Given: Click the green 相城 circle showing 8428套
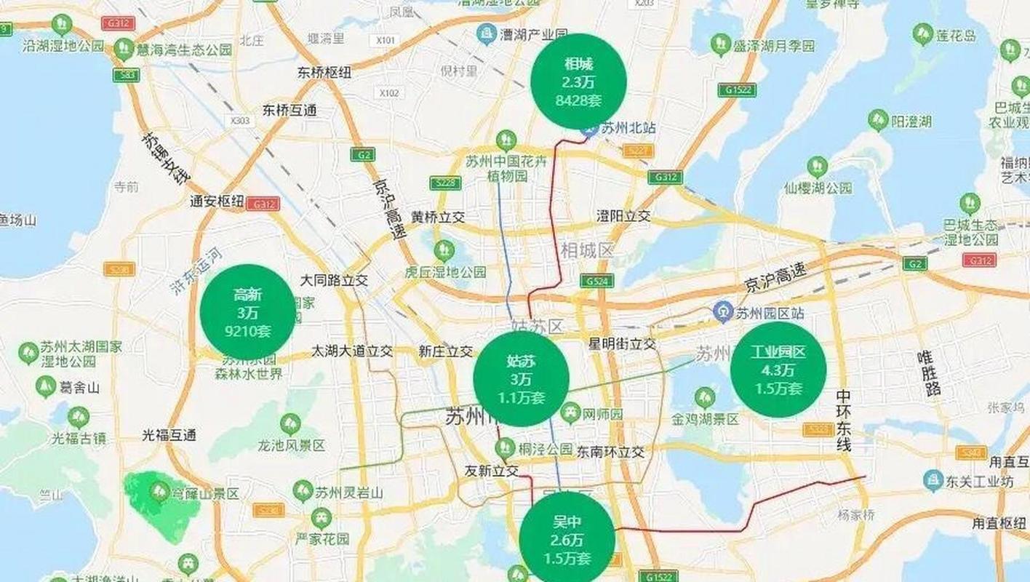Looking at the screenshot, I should click(578, 81).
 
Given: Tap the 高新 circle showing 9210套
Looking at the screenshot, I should click(247, 312).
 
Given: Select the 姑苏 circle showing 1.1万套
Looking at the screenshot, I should click(521, 378).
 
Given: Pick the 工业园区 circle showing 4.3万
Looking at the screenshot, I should click(778, 370).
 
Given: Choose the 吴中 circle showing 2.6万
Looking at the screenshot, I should click(567, 539).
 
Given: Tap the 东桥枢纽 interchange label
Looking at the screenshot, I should click(324, 73).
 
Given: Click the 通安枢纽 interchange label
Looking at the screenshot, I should click(217, 202).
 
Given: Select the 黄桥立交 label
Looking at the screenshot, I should click(438, 217).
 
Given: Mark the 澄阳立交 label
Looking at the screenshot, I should click(623, 216).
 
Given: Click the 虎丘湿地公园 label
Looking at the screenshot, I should click(445, 271).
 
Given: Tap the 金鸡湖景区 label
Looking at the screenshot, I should click(705, 419).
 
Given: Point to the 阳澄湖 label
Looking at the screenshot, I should click(911, 121).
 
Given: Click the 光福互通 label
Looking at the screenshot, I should click(169, 436).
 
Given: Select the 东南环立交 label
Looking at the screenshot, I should click(610, 452).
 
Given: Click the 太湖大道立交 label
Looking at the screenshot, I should click(352, 351).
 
